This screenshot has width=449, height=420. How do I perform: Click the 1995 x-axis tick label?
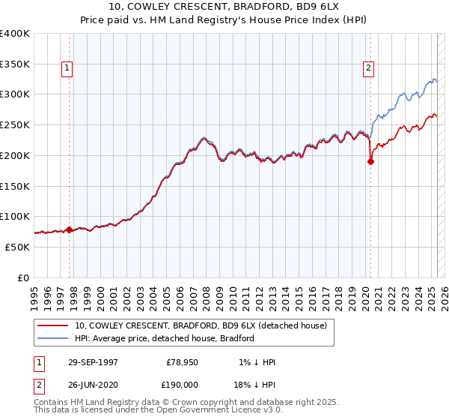[34, 292]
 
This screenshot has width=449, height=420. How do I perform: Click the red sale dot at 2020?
[370, 161]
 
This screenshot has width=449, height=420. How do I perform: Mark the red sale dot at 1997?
[70, 229]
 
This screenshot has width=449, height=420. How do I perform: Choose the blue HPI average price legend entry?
[165, 338]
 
